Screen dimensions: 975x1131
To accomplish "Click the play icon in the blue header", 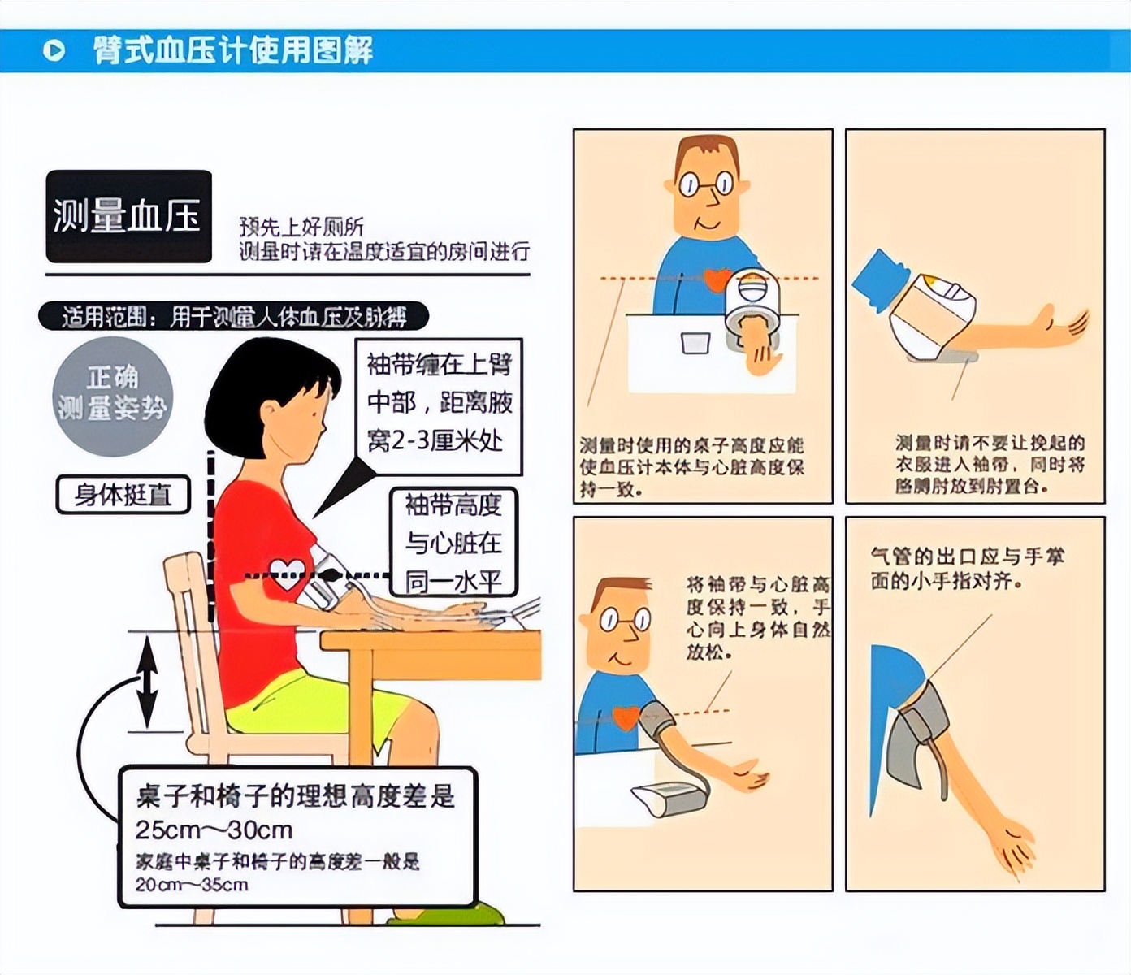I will click(x=54, y=51).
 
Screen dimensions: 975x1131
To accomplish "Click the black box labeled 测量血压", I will click(x=128, y=216).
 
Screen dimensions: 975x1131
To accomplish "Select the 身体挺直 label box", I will click(x=123, y=494).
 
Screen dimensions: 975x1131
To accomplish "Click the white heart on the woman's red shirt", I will click(x=286, y=574).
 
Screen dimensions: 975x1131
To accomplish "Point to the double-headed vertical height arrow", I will click(x=146, y=681).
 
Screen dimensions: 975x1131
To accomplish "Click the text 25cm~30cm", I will click(x=214, y=830).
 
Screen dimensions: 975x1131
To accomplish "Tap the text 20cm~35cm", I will click(x=192, y=885).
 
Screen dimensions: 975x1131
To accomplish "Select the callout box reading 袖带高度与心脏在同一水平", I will click(x=453, y=542).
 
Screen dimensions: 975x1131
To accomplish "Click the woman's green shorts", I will click(x=309, y=704).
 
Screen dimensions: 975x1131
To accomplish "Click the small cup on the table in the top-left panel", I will click(x=695, y=342).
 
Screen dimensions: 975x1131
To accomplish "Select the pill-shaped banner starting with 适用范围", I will click(x=233, y=317).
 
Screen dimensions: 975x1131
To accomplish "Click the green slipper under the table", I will click(x=445, y=913).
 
